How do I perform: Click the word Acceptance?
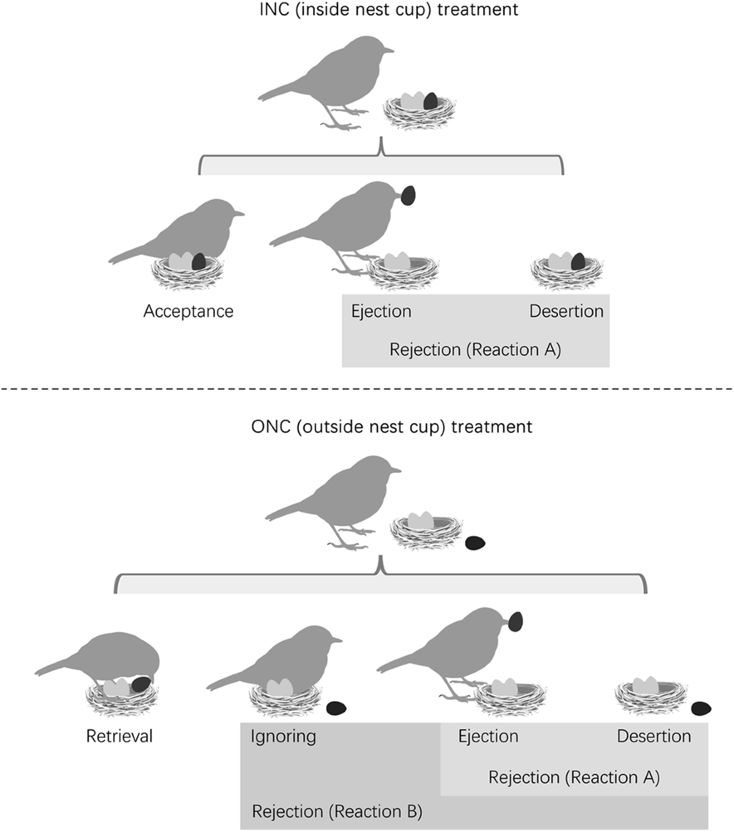[x=188, y=311]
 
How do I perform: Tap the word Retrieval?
[x=119, y=736]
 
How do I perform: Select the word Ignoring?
[x=283, y=736]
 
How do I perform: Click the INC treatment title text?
[x=380, y=10]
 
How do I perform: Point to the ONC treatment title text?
[x=391, y=426]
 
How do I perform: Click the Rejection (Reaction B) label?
[x=337, y=812]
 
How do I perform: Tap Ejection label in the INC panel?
[x=381, y=311]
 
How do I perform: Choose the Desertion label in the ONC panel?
[x=654, y=736]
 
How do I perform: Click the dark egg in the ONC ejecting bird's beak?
[x=515, y=621]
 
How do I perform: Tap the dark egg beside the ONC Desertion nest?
[x=701, y=709]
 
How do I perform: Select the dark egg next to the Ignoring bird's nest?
[x=336, y=709]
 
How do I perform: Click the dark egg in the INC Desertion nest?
[x=578, y=262]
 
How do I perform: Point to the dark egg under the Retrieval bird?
[x=141, y=685]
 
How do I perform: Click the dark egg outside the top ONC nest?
[x=475, y=542]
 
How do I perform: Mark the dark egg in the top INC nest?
[x=431, y=101]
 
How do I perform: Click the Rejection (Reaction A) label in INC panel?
[x=475, y=350]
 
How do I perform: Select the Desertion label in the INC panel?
[x=566, y=311]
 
